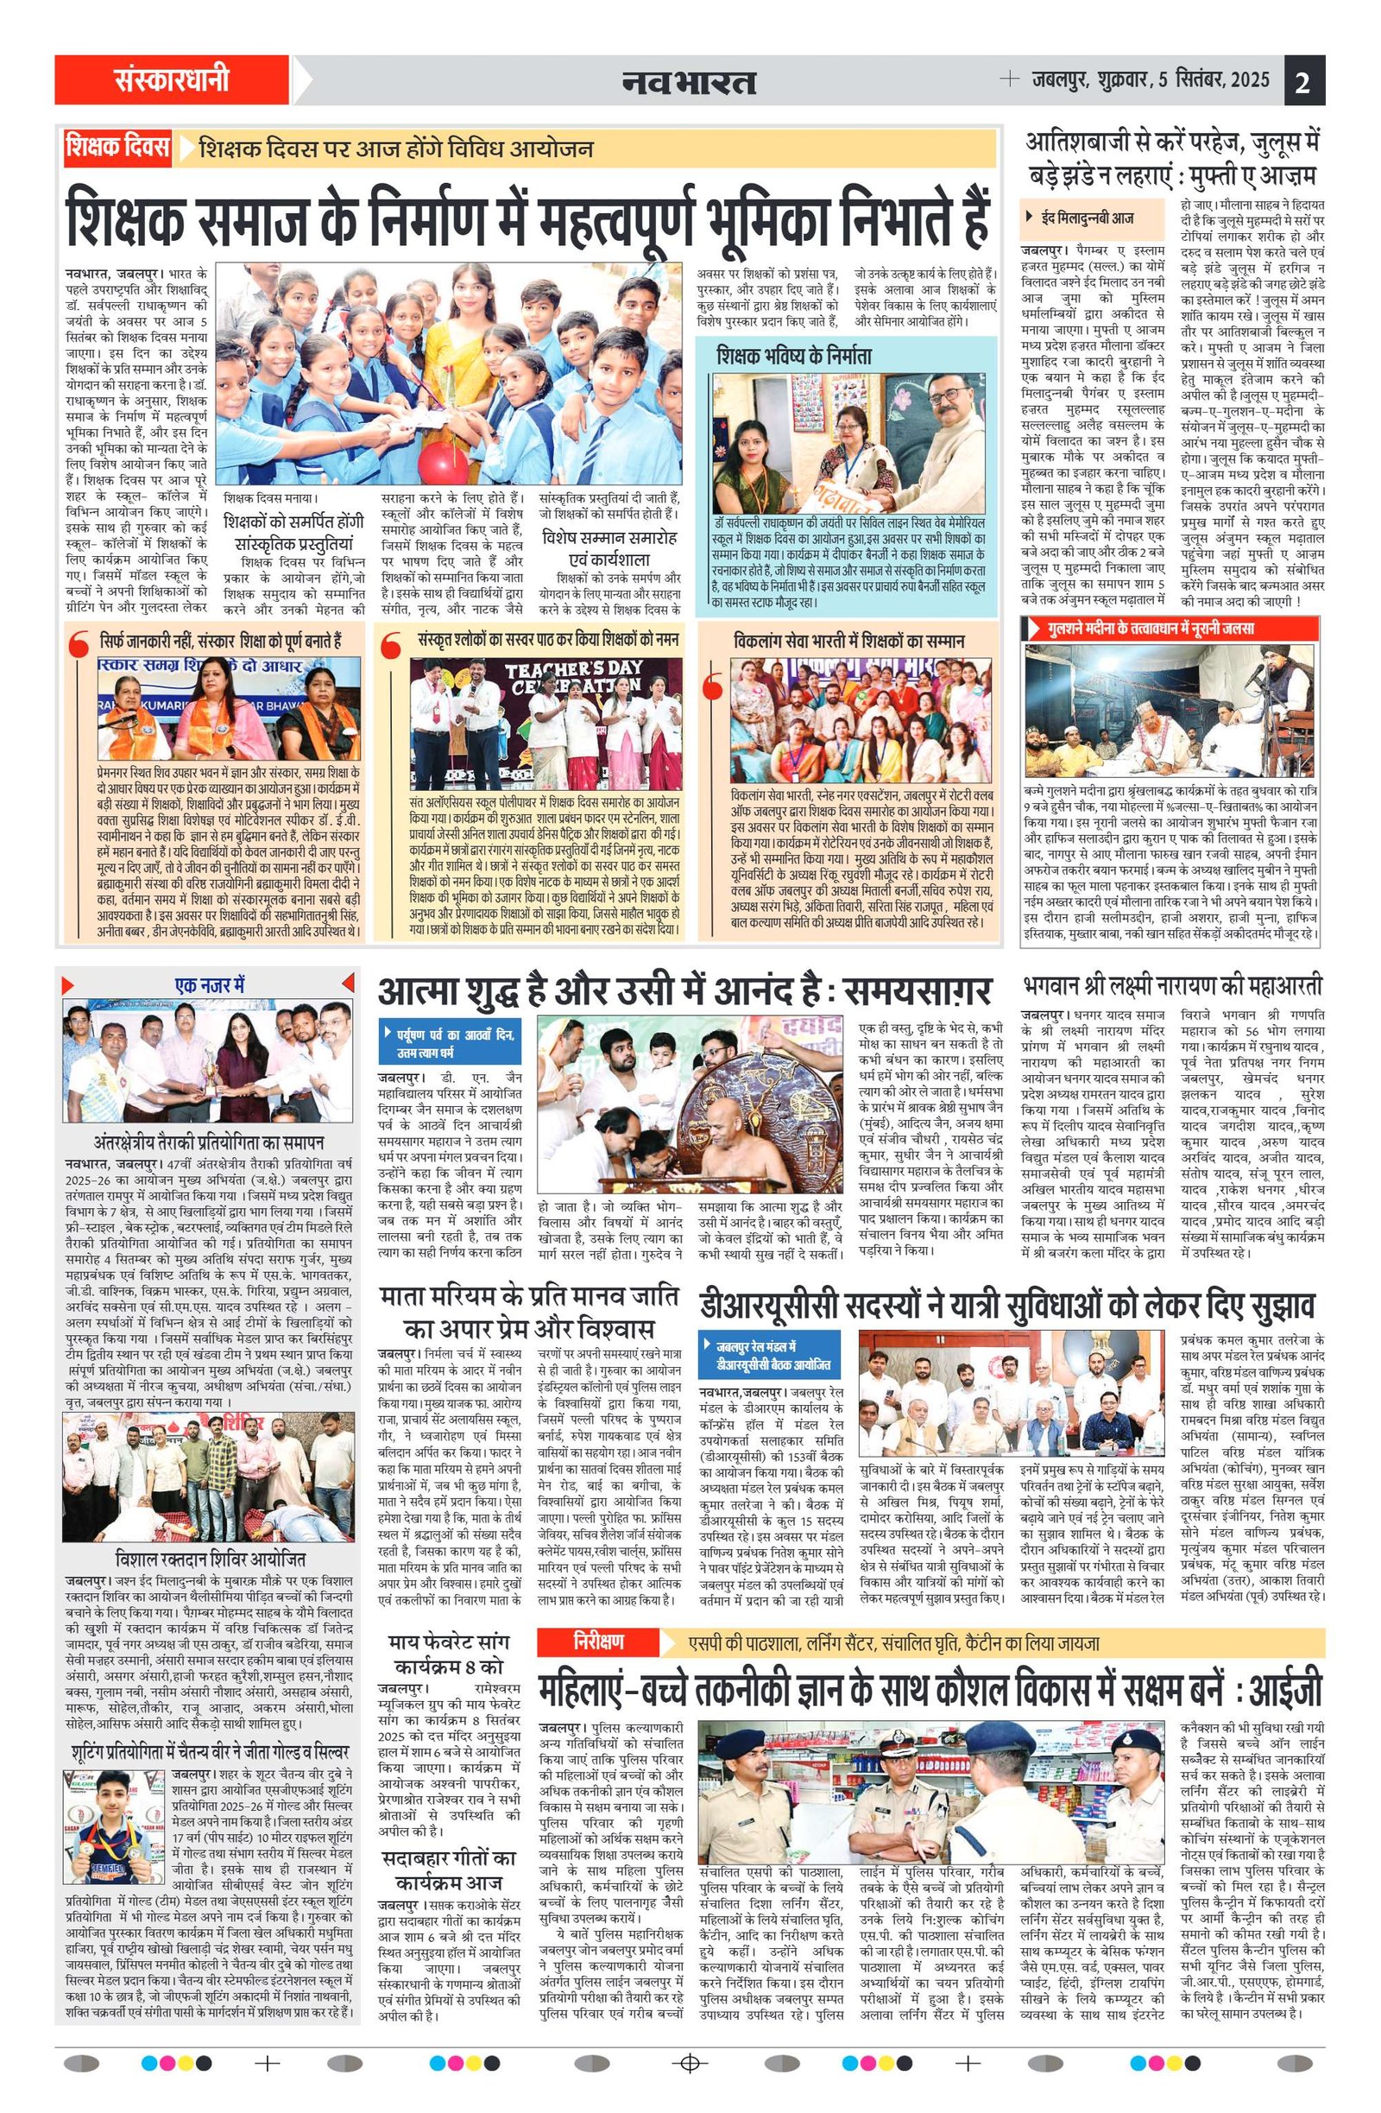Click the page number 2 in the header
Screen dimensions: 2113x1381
coord(1303,83)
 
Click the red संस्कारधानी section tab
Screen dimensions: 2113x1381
coord(171,81)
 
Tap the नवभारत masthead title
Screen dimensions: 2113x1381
coord(689,83)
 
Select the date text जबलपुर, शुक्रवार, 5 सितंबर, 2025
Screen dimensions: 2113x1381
coord(1151,81)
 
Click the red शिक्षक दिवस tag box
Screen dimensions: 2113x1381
coord(117,148)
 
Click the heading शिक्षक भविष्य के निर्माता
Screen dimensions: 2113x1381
coord(794,356)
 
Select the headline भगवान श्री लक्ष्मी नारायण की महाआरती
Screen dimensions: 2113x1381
coord(1172,985)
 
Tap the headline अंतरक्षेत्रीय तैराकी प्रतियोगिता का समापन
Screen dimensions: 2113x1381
coord(210,1142)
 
